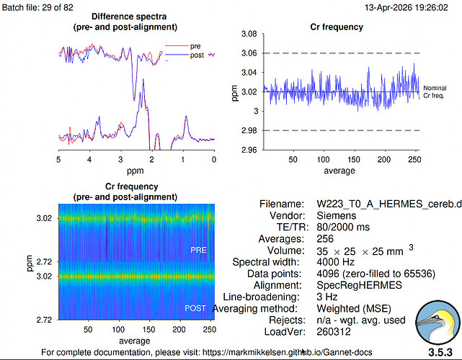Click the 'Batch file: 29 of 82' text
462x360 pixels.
(x=37, y=7)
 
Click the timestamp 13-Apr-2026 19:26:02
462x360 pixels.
(x=407, y=7)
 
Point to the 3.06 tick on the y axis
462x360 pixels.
(x=249, y=53)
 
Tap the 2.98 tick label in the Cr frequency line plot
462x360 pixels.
(x=249, y=130)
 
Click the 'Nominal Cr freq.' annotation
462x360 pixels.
(x=435, y=91)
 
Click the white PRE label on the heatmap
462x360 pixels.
(x=199, y=250)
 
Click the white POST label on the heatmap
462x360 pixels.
(x=195, y=308)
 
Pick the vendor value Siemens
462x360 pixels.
(x=336, y=215)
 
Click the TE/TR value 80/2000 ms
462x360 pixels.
(x=343, y=227)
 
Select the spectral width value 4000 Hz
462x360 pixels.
(x=336, y=261)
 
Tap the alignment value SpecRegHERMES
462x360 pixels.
(x=359, y=285)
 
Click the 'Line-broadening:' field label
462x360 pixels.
(x=261, y=297)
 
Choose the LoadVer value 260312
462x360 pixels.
(x=334, y=332)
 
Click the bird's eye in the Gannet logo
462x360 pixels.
(x=437, y=317)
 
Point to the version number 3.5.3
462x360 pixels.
(x=440, y=352)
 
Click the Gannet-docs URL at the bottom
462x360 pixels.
(x=288, y=352)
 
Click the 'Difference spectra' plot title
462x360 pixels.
(x=129, y=17)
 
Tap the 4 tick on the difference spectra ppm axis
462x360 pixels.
(x=89, y=159)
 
